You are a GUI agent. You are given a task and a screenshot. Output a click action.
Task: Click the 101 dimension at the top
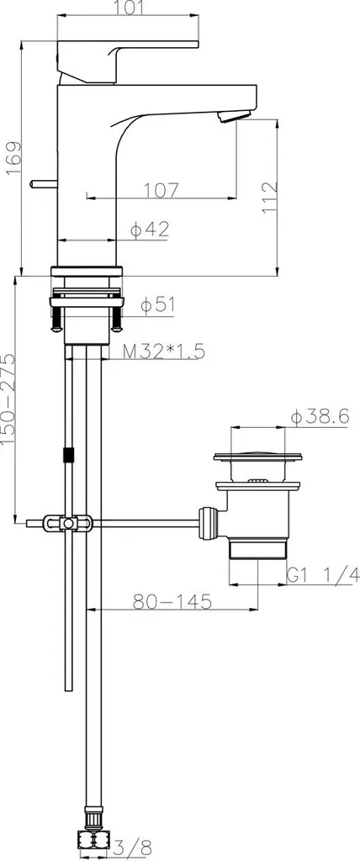128,7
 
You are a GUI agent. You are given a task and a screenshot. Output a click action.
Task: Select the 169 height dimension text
13,159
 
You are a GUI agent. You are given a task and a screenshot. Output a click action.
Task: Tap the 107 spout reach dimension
161,190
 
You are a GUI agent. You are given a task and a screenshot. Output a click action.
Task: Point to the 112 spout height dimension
269,198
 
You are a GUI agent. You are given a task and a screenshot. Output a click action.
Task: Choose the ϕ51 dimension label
157,305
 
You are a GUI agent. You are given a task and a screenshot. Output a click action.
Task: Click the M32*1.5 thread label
164,351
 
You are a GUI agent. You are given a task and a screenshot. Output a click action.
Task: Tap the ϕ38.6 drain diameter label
320,417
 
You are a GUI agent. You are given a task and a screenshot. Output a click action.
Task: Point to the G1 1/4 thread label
323,575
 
